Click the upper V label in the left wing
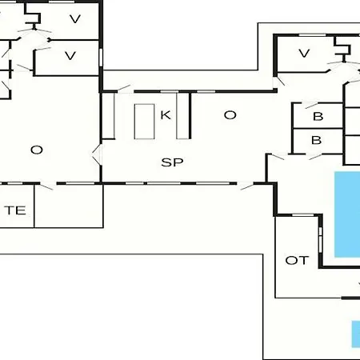point(75,19)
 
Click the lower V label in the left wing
point(70,55)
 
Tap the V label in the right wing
point(304,54)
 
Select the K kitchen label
point(166,115)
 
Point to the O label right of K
point(230,115)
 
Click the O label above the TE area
point(37,150)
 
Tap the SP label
point(172,162)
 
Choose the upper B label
point(318,116)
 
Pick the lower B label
point(317,140)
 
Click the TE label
point(15,210)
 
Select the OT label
point(297,260)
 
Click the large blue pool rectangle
point(347,214)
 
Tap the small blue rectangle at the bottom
point(356,334)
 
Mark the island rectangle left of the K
point(144,122)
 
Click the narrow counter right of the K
point(182,115)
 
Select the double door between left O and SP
point(97,154)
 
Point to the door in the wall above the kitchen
point(124,89)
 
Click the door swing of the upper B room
point(312,106)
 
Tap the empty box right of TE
point(69,206)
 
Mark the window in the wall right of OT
point(321,240)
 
